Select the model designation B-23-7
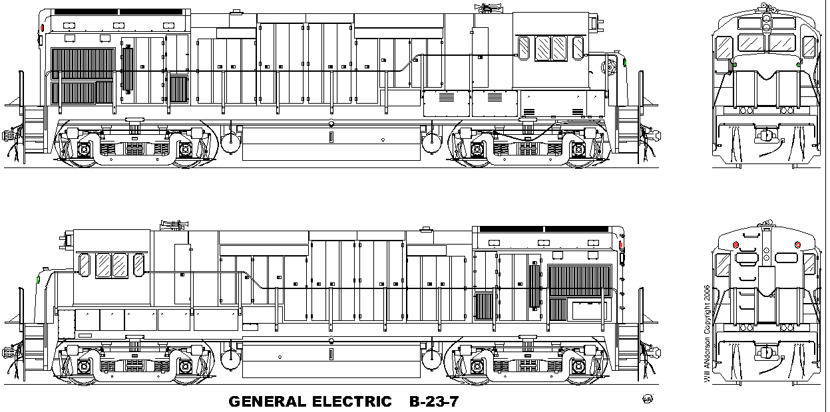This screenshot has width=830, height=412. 434,401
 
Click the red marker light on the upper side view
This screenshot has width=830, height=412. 42,28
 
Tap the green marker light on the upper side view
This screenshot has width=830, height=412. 625,62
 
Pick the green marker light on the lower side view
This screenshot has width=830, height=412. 38,280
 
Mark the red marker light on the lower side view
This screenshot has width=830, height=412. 621,245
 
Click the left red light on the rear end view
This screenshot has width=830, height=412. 735,245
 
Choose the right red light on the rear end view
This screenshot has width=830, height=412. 798,245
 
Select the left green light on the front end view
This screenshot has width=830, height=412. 735,65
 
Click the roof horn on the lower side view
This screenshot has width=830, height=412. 174,225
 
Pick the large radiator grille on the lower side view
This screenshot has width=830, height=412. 580,280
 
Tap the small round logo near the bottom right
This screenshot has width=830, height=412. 648,399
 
